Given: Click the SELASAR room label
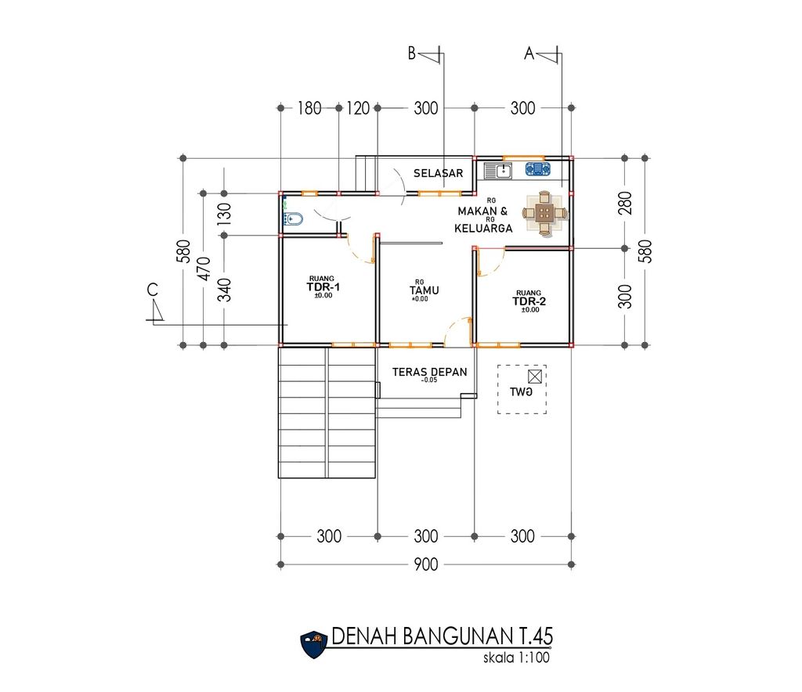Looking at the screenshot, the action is click(x=439, y=173).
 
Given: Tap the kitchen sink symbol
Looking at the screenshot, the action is click(x=497, y=170).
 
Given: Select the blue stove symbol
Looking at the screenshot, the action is click(x=537, y=168).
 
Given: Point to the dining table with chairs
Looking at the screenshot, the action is click(x=545, y=213).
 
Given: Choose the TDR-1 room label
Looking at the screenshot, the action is click(x=323, y=287).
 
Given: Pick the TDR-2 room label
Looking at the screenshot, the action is click(x=529, y=301).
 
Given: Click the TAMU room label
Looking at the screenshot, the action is click(x=424, y=290).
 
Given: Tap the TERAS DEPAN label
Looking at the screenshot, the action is click(x=430, y=372).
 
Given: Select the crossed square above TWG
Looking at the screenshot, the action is click(x=534, y=377).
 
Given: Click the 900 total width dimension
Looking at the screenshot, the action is click(x=426, y=564).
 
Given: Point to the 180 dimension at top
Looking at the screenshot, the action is click(x=309, y=108).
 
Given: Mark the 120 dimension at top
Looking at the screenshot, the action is click(x=358, y=108).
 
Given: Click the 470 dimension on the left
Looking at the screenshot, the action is click(x=204, y=269).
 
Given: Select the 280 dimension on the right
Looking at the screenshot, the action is click(x=625, y=203).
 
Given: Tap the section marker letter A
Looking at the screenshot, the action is click(x=529, y=53).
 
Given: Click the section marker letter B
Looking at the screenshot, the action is click(x=412, y=53).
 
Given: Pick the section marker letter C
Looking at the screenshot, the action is click(x=153, y=290).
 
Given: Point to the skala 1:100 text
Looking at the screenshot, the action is click(x=516, y=658).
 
